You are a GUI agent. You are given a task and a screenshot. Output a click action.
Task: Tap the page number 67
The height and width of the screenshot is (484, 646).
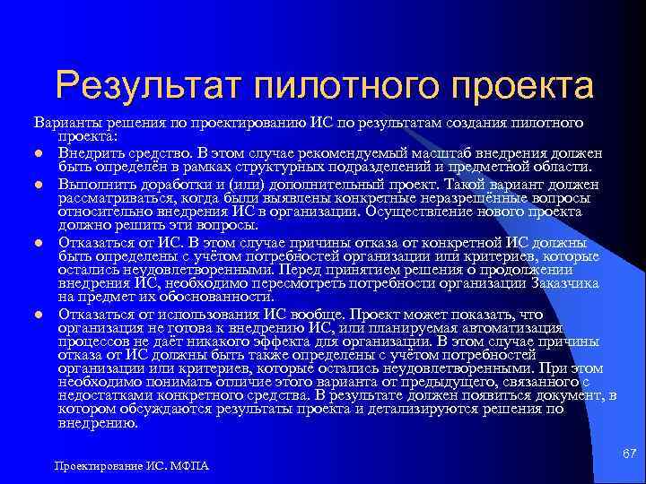tap(629, 456)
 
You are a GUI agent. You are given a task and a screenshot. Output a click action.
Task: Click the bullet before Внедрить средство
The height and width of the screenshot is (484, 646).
tap(40, 153)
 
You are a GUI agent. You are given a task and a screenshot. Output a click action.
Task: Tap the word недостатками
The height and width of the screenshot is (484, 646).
tap(104, 394)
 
